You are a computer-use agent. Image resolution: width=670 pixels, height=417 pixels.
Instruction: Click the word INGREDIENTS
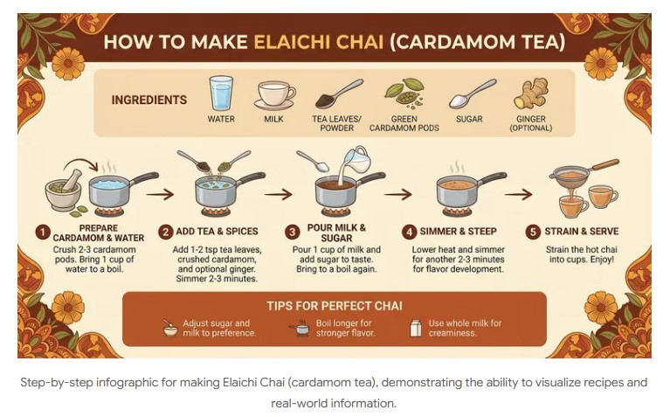[x=149, y=101]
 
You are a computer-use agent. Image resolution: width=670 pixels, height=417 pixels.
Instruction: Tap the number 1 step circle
[x=42, y=232]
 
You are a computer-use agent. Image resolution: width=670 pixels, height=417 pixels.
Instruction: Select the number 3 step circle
[x=293, y=232]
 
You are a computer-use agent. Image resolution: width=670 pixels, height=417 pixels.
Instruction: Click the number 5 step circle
[x=532, y=232]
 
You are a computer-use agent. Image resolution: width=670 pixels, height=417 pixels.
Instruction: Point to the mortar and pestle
[x=65, y=190]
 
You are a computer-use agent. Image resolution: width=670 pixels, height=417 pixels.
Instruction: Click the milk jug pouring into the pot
[x=356, y=160]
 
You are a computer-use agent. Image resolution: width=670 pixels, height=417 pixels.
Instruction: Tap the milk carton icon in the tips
[x=416, y=329]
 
